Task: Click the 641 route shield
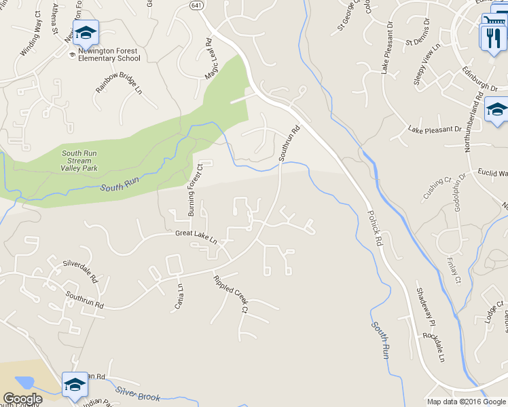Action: coord(195,5)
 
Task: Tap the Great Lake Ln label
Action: coord(196,237)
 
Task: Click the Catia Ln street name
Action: coord(181,296)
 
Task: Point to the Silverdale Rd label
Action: coord(81,271)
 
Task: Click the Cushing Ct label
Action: coord(437,189)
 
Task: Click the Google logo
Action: coord(22,399)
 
